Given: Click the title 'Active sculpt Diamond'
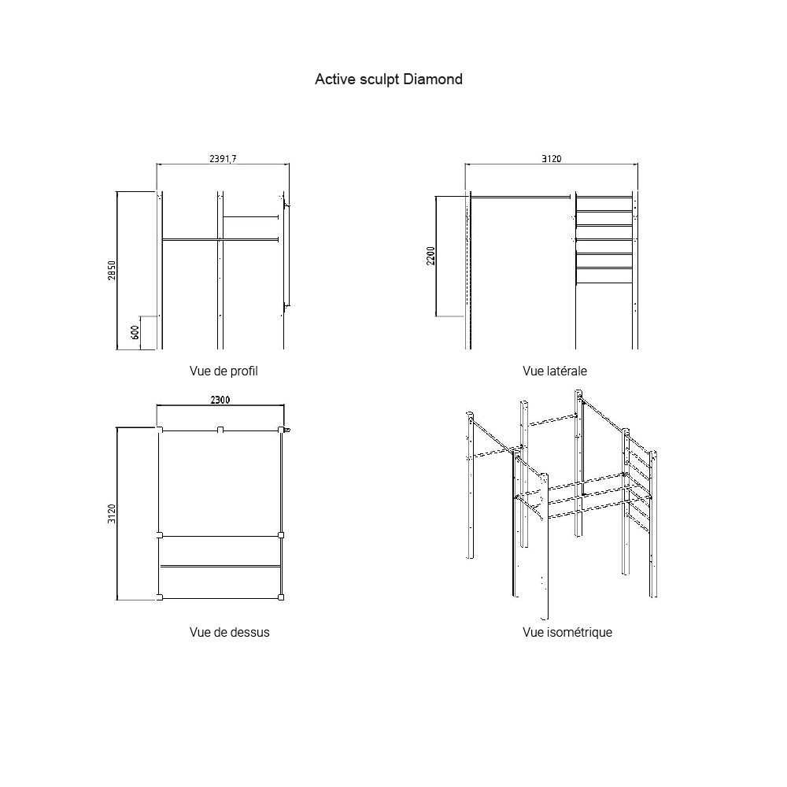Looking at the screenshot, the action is click(389, 79).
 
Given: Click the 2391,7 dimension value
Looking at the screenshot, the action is click(223, 159).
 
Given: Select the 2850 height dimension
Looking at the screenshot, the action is click(112, 271).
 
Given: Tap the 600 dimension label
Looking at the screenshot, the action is click(135, 332).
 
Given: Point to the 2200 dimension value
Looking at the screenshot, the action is click(430, 256).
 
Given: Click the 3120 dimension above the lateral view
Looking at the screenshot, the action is click(551, 159).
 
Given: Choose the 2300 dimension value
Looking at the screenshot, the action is click(220, 400).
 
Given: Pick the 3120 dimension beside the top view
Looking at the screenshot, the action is click(112, 514).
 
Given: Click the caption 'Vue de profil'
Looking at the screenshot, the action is click(224, 371).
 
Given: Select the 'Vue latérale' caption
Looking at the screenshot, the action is click(555, 371).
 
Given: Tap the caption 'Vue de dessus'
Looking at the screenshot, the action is click(229, 632).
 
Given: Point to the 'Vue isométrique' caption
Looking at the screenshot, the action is click(567, 632).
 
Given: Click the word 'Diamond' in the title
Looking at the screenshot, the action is click(433, 79).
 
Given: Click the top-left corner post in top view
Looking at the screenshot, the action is click(160, 430).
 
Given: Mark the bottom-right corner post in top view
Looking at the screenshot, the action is click(281, 597).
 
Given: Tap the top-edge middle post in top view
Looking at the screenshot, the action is click(220, 430).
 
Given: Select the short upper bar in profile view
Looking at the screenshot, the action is click(250, 217).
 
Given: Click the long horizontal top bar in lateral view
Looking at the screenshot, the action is click(520, 198).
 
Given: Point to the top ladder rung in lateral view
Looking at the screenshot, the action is click(604, 197).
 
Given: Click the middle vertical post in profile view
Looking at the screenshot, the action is click(220, 270).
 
